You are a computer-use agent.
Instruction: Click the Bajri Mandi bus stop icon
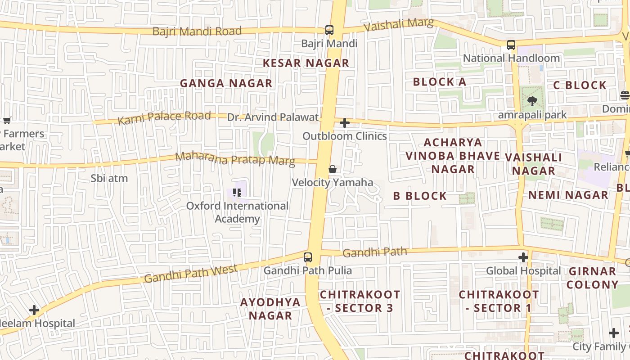coord(329,30)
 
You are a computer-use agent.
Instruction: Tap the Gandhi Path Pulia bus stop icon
coord(308,257)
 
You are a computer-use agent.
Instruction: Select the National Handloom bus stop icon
coord(511,45)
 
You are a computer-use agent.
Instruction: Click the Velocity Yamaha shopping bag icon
coord(333,169)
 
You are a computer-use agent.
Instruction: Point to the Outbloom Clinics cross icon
coord(345,122)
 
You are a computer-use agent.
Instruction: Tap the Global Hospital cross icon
coord(523,257)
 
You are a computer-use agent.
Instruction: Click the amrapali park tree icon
coord(532,101)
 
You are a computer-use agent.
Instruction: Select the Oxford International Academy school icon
coord(237,193)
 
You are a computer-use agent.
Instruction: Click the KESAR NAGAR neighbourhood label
coord(306,63)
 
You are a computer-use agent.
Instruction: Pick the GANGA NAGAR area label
coord(226,83)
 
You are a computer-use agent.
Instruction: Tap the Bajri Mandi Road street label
coord(197,31)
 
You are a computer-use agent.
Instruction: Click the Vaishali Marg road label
coord(399,24)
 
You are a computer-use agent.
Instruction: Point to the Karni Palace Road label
coord(164,118)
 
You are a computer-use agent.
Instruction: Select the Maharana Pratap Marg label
coord(235,159)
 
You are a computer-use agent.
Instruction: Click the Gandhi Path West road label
coord(191,274)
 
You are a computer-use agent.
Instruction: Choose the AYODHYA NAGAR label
coord(270,308)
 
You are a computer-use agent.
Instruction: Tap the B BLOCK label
coord(420,196)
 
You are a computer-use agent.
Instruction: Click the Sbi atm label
coord(109,178)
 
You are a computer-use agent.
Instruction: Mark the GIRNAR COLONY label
coord(592,278)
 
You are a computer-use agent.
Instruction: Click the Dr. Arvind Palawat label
coord(273,117)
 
